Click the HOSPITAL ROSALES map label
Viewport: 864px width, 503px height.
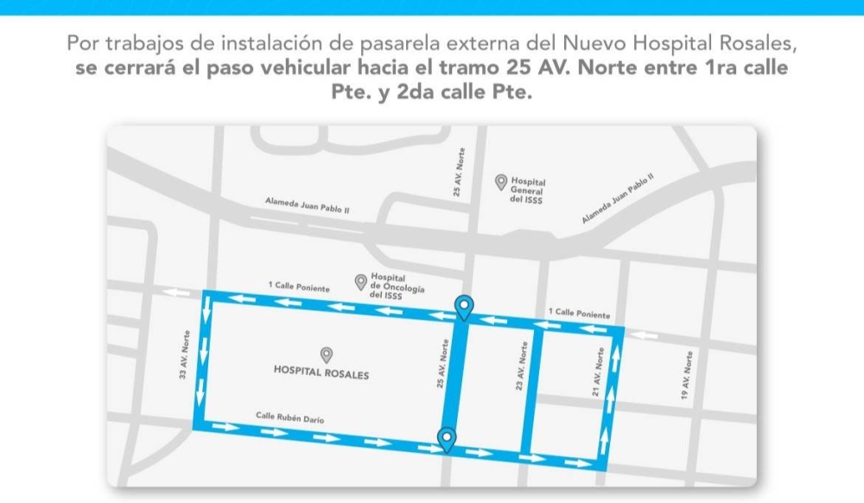tap(321, 374)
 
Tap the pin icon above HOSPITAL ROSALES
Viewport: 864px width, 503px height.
tap(327, 354)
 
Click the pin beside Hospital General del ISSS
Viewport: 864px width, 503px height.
tap(500, 181)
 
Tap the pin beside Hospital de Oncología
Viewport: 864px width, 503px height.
tap(361, 281)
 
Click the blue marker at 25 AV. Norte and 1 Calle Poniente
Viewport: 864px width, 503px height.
tap(464, 306)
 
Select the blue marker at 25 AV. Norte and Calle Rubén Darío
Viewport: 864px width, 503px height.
tap(447, 438)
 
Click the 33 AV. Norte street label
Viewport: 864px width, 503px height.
tap(183, 356)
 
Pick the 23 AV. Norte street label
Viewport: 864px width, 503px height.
tap(520, 366)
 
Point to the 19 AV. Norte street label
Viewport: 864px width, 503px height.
tap(688, 373)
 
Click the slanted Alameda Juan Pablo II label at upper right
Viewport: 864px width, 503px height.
tap(618, 199)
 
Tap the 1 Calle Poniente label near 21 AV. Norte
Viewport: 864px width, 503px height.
tap(579, 313)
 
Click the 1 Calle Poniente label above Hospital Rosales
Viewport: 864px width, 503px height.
tap(298, 286)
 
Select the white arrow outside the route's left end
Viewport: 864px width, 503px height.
tap(176, 293)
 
